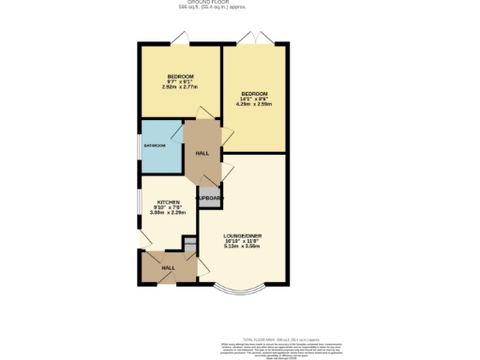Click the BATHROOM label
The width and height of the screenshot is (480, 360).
tap(154, 145)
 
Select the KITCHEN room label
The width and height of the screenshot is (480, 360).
tap(168, 202)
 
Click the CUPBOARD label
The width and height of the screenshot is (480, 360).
tap(208, 199)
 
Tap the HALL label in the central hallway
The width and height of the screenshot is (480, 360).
tap(202, 152)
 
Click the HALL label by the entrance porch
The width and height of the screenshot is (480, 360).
tap(168, 268)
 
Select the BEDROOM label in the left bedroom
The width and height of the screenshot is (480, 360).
tap(180, 76)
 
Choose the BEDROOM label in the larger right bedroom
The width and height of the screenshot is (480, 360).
tap(254, 95)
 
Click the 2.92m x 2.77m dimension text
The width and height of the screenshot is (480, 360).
tap(180, 87)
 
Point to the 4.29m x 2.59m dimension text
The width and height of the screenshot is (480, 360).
tap(254, 106)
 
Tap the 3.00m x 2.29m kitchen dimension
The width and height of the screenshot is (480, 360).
tap(168, 213)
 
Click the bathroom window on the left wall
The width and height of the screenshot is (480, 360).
tap(139, 146)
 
